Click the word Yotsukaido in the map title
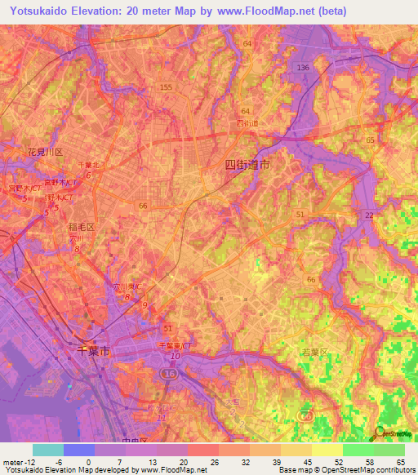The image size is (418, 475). [x=36, y=11]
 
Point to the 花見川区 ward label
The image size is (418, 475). [x=45, y=153]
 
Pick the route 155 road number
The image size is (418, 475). [x=167, y=87]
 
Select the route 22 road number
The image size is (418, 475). [x=369, y=215]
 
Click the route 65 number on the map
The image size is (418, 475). [x=370, y=140]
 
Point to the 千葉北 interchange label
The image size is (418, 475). [x=87, y=164]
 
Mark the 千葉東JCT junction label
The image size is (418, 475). [x=173, y=346]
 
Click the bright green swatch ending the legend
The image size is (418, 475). [x=389, y=450]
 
